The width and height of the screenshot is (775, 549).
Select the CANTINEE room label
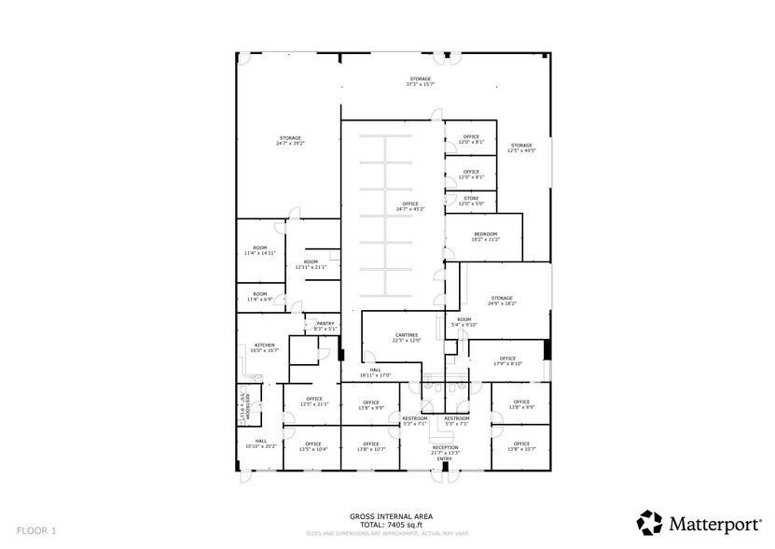click(407, 337)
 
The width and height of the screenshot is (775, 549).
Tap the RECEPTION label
click(445, 449)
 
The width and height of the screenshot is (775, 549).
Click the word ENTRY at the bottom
click(445, 458)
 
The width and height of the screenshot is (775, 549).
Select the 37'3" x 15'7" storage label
click(421, 82)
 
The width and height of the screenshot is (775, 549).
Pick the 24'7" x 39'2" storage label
click(290, 141)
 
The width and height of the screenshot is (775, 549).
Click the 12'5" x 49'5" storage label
click(521, 148)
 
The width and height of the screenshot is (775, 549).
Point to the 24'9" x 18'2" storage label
click(502, 301)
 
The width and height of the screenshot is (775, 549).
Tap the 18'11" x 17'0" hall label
click(375, 373)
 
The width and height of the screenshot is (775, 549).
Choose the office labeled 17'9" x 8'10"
click(507, 360)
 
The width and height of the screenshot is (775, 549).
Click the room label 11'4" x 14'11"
click(259, 250)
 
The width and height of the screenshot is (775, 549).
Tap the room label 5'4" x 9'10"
click(464, 322)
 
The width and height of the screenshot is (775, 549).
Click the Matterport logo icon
click(649, 521)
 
